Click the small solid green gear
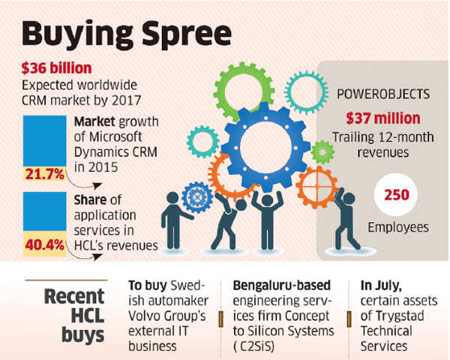tap(322, 151)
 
